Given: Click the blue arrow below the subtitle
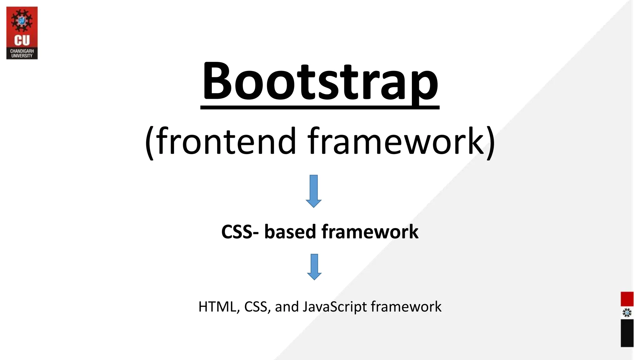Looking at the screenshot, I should click(x=314, y=191).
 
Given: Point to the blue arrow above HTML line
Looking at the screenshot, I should click(x=314, y=267).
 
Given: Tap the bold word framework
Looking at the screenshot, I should click(x=370, y=232).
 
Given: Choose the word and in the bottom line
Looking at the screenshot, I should click(x=287, y=307).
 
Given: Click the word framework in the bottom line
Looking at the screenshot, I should click(x=406, y=307).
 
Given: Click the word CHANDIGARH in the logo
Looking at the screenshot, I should click(x=22, y=51).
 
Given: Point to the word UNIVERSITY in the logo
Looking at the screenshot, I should click(x=22, y=56).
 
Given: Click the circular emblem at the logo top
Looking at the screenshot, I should click(x=22, y=21).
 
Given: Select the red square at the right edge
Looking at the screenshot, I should click(x=627, y=299).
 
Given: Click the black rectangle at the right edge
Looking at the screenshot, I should click(x=627, y=333).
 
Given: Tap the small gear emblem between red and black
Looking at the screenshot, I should click(x=627, y=313).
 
